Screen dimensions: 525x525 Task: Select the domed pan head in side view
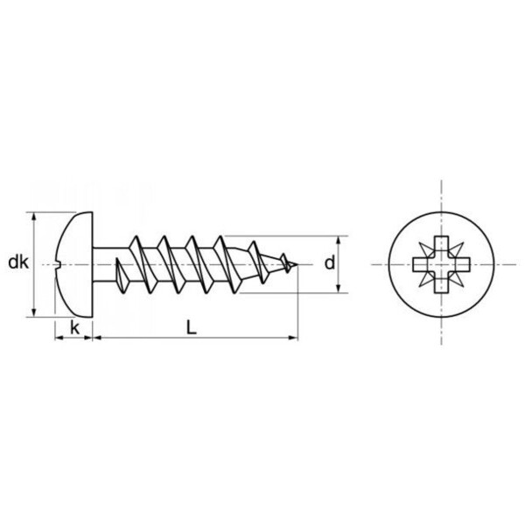(73, 262)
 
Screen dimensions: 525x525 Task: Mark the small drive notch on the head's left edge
(59, 262)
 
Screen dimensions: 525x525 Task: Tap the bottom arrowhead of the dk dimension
(34, 312)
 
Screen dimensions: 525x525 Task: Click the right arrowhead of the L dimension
(295, 337)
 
